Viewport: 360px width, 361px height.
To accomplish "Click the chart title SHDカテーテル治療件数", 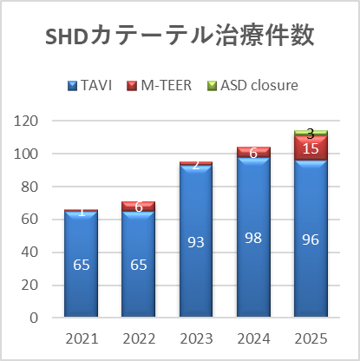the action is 180,36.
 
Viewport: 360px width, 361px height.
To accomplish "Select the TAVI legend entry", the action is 89,85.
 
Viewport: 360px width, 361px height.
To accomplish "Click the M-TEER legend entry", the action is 159,85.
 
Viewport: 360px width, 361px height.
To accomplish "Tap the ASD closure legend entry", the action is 252,85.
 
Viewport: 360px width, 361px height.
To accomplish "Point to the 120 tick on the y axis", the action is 26,121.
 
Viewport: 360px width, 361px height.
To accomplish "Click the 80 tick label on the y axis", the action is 29,187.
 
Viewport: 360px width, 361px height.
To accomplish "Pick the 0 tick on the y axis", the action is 34,318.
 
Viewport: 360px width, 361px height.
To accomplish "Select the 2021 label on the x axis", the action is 82,338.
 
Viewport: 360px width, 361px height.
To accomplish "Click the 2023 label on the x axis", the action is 196,338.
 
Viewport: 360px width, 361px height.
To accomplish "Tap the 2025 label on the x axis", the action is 311,338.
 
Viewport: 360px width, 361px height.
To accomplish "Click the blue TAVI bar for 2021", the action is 81,264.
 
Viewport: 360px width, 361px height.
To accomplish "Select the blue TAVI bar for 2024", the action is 253,237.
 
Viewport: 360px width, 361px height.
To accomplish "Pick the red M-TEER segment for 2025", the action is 311,148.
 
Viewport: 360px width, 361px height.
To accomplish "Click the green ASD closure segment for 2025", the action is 311,133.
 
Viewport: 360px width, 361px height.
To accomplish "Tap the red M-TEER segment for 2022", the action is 138,207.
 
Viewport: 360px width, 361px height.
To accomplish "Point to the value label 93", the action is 196,242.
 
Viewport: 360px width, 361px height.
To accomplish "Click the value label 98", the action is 253,238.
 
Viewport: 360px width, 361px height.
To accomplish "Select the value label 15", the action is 311,148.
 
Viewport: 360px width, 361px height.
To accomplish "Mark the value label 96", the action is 311,240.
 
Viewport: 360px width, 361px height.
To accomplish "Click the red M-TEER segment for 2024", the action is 253,152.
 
